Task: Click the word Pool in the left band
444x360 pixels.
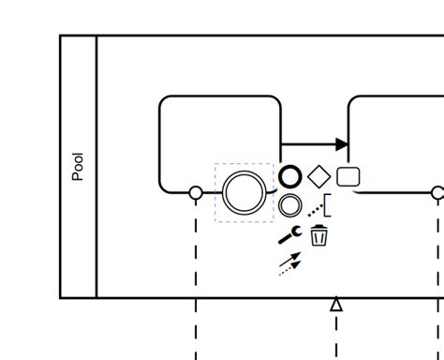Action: pos(78,167)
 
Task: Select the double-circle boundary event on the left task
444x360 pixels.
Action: pos(244,192)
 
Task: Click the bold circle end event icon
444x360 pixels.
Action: pos(290,176)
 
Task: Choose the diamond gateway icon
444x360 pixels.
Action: pos(318,176)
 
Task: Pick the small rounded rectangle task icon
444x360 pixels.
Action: pos(348,176)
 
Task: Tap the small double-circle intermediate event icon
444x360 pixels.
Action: pos(290,205)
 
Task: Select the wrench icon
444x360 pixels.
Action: pos(290,235)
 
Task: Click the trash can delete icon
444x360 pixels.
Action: pos(319,235)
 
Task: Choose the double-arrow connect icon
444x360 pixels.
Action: pos(290,263)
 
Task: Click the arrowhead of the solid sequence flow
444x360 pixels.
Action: pos(342,145)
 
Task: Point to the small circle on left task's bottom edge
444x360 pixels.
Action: pos(196,193)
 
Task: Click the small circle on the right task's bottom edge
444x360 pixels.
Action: pos(437,193)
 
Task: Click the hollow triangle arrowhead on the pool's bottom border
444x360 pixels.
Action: pos(336,304)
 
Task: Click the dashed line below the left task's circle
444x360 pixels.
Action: pos(196,253)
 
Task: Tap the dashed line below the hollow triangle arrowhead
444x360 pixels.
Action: pos(336,336)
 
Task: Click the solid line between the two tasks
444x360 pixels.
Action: pos(309,145)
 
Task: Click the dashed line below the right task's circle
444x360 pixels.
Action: pos(437,253)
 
